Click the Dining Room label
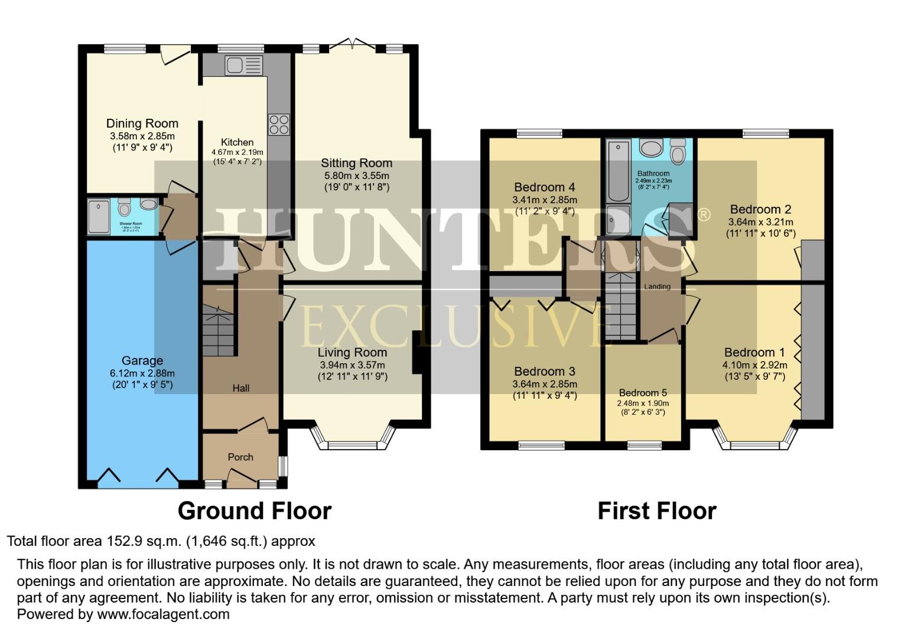pyautogui.click(x=142, y=123)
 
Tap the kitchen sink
pyautogui.click(x=243, y=65)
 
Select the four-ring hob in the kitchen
pyautogui.click(x=279, y=124)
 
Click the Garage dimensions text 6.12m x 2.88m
pyautogui.click(x=142, y=373)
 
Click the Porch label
pyautogui.click(x=240, y=457)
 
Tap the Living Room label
pyautogui.click(x=353, y=353)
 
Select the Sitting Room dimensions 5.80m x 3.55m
pyautogui.click(x=356, y=175)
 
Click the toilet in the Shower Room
pyautogui.click(x=124, y=208)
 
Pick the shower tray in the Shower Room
pyautogui.click(x=99, y=217)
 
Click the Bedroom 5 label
pyautogui.click(x=643, y=393)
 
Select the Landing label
pyautogui.click(x=657, y=287)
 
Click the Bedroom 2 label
pyautogui.click(x=760, y=209)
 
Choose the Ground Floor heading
pyautogui.click(x=254, y=510)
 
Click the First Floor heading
pyautogui.click(x=657, y=510)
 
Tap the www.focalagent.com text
pyautogui.click(x=162, y=614)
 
